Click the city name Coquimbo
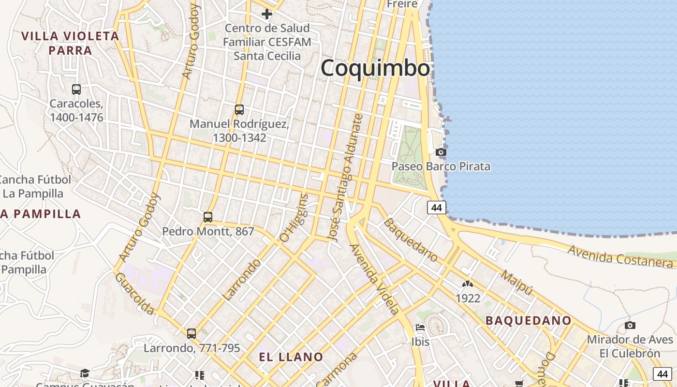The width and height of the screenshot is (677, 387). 375,68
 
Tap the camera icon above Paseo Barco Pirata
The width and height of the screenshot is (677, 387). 441,152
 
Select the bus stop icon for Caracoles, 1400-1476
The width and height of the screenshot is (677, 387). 76,89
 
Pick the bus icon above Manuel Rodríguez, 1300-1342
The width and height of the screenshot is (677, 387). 239,110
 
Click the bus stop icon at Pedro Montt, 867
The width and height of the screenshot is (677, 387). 208,217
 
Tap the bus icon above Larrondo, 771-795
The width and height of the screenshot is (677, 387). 191,333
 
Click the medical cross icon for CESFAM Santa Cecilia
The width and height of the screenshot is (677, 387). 266,14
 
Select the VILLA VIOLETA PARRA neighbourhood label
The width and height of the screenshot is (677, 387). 71,43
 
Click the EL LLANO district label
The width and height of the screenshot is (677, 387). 291,357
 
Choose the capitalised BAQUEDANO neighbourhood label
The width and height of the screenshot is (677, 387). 529,320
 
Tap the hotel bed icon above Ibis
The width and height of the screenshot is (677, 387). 420,328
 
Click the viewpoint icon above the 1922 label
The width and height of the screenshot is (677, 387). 468,284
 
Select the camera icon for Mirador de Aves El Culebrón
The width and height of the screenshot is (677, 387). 630,325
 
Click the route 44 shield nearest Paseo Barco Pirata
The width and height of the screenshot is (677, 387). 437,208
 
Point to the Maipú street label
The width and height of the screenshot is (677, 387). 517,283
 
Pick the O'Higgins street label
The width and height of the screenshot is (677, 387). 294,218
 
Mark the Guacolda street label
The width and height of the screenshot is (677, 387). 134,293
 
